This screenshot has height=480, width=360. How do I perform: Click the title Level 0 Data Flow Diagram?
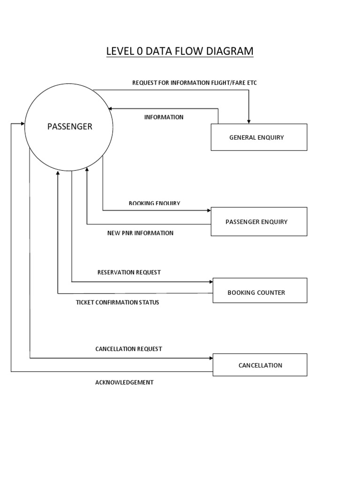pyautogui.click(x=180, y=51)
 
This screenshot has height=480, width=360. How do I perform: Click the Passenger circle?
pyautogui.click(x=69, y=127)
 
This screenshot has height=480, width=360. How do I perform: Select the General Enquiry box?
pyautogui.click(x=259, y=137)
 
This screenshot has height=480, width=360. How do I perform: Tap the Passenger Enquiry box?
pyautogui.click(x=259, y=222)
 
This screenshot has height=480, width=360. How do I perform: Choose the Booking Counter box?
pyautogui.click(x=260, y=292)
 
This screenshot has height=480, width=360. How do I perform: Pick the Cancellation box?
pyautogui.click(x=260, y=365)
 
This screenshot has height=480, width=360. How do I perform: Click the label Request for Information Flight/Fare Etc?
pyautogui.click(x=195, y=83)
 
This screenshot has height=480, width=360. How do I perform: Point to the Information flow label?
pyautogui.click(x=164, y=117)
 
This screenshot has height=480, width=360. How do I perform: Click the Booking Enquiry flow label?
pyautogui.click(x=154, y=203)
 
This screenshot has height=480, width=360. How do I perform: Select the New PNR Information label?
pyautogui.click(x=140, y=233)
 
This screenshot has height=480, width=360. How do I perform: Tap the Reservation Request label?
pyautogui.click(x=129, y=272)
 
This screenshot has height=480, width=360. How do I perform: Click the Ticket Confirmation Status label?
pyautogui.click(x=117, y=302)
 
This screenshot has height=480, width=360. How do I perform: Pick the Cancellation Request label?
pyautogui.click(x=128, y=349)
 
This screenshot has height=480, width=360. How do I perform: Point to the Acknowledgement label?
pyautogui.click(x=124, y=382)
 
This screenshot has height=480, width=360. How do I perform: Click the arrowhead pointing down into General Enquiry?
pyautogui.click(x=249, y=121)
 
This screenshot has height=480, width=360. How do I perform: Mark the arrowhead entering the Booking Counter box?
pyautogui.click(x=210, y=282)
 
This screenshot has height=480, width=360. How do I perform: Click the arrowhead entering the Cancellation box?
pyautogui.click(x=210, y=359)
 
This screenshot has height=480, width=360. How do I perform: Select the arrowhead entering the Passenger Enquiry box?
pyautogui.click(x=209, y=210)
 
